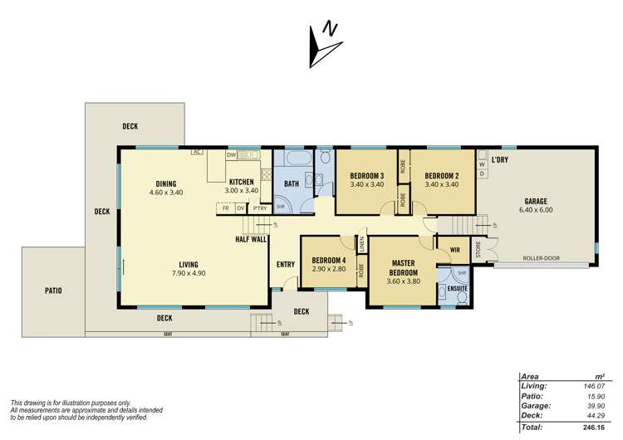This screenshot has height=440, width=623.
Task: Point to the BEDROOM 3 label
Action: click(366, 175)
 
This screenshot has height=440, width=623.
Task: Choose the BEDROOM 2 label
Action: click(441, 175)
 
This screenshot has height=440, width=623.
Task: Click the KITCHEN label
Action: click(241, 181)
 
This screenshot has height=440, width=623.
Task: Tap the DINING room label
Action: click(166, 183)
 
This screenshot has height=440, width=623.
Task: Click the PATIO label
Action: click(54, 291)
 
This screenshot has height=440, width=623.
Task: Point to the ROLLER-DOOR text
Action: click(541, 258)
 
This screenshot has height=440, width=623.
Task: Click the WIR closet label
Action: click(454, 248)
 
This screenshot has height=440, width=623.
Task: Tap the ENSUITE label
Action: click(458, 289)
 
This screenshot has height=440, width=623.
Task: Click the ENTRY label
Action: click(286, 265)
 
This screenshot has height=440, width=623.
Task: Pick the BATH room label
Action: click(291, 183)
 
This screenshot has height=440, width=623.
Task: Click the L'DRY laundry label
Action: click(499, 159)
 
